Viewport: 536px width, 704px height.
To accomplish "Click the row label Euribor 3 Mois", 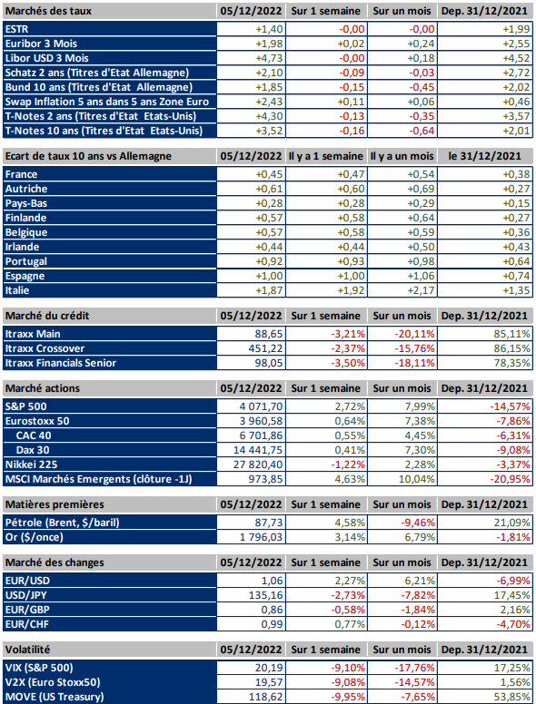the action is (41, 44).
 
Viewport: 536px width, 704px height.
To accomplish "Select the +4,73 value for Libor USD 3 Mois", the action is (269, 58).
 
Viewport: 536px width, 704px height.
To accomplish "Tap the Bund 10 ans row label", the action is (98, 87).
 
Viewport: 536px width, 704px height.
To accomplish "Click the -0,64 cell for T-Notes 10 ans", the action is (422, 131).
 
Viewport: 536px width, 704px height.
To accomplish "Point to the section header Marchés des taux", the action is (48, 11).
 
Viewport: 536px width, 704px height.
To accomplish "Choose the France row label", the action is (21, 174).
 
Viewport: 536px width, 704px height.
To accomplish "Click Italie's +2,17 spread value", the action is (421, 290).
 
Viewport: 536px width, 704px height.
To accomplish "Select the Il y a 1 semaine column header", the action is (325, 156).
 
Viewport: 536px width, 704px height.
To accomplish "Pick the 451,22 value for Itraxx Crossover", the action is (266, 348).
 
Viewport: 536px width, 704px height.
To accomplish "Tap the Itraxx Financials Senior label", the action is (61, 363).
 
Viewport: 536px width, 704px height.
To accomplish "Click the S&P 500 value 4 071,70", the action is (262, 406).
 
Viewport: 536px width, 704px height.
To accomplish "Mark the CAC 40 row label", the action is (34, 435).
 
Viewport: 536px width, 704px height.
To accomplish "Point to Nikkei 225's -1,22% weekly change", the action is (348, 464).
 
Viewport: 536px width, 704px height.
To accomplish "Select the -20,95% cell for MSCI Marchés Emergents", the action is (510, 479).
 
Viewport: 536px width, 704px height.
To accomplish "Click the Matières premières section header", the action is (55, 504).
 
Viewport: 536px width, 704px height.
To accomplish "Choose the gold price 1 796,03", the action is (262, 537).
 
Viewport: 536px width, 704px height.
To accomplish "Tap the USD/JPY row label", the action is (26, 595).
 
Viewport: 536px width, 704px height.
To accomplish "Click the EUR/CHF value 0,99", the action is (272, 624).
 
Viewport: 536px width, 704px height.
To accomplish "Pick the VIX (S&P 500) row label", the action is (39, 668).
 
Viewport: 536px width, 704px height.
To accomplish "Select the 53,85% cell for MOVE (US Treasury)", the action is (512, 697).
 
